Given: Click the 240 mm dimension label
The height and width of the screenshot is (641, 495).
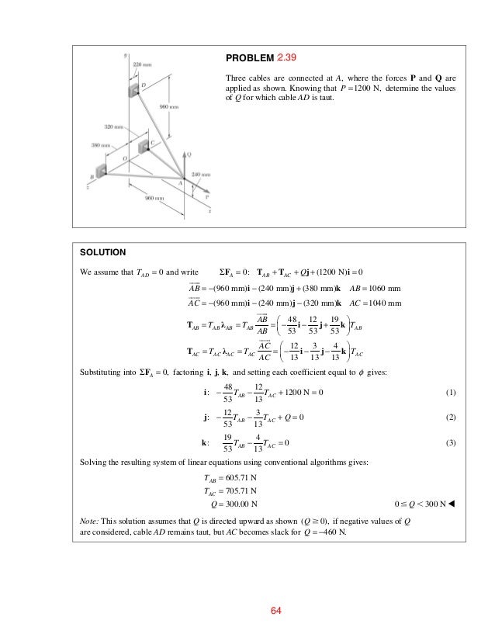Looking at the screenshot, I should [x=199, y=175].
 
